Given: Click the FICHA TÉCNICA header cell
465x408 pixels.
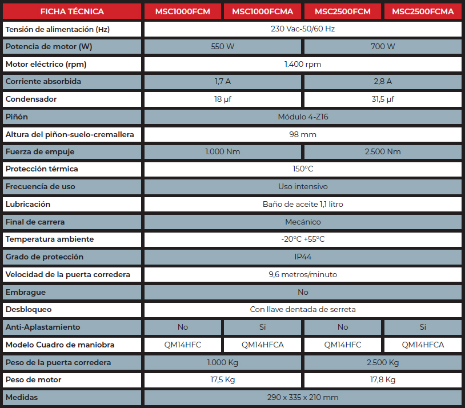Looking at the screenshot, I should (72, 11).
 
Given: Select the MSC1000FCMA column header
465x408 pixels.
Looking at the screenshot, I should (263, 11).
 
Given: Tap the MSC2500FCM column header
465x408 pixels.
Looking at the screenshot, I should (343, 11).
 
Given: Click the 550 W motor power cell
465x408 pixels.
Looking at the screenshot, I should (223, 46).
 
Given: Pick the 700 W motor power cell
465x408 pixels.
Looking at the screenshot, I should (383, 46).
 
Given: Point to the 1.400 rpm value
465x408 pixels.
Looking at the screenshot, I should (303, 64).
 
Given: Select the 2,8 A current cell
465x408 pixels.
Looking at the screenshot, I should (383, 81).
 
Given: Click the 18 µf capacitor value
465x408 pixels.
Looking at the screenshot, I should (223, 99).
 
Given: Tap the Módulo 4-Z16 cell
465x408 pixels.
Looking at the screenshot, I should (303, 117).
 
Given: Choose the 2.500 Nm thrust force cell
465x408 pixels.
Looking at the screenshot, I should (383, 151).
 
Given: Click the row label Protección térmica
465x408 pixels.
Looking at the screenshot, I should (42, 169).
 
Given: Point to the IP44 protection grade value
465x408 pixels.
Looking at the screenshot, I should (303, 257).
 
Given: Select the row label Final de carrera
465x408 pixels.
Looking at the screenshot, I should (35, 222).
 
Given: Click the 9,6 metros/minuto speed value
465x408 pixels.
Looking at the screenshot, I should (303, 274).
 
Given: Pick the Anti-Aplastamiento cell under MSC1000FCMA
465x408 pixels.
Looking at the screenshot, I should (263, 327).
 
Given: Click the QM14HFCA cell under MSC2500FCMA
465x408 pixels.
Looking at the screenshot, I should (423, 345).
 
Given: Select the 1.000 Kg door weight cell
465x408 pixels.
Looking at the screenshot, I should (223, 362).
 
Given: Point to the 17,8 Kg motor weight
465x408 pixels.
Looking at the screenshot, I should (383, 380).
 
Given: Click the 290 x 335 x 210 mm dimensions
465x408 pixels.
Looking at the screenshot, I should (303, 397).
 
